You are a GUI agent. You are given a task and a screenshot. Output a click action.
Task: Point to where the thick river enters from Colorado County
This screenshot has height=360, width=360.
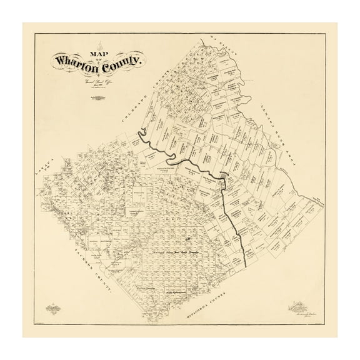pyautogui.click(x=142, y=131)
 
